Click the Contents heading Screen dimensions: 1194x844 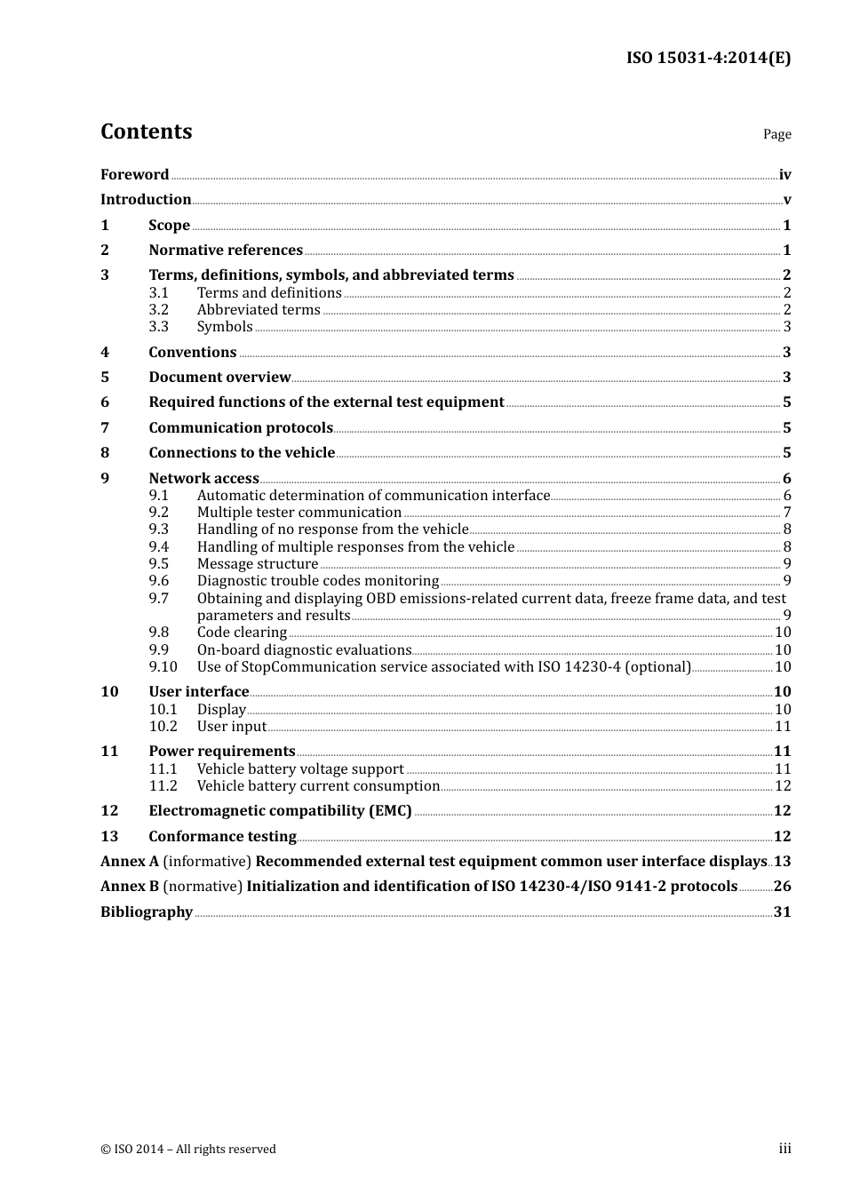coord(146,131)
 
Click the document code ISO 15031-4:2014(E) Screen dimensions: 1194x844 coord(708,58)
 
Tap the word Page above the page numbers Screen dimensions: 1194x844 coord(776,134)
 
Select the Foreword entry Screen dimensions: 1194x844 coord(134,175)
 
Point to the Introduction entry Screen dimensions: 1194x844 coord(146,200)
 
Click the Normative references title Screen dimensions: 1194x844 coord(226,251)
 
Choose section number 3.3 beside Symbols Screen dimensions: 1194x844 coord(158,327)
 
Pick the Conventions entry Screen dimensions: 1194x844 coord(193,353)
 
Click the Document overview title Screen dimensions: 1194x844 coord(219,378)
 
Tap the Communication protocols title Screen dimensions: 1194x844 coord(241,428)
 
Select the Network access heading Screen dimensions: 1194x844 coord(203,479)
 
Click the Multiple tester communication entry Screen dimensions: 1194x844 coord(299,513)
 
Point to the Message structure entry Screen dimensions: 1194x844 coord(258,564)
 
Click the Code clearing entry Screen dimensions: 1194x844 coord(242,633)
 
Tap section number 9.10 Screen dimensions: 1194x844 coord(163,667)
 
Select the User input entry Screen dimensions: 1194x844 coord(232,727)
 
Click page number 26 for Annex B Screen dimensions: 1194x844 coord(782,887)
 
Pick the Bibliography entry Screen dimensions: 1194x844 coord(147,912)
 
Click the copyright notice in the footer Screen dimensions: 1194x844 coord(188,1150)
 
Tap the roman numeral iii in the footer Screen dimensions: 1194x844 coord(784,1149)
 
